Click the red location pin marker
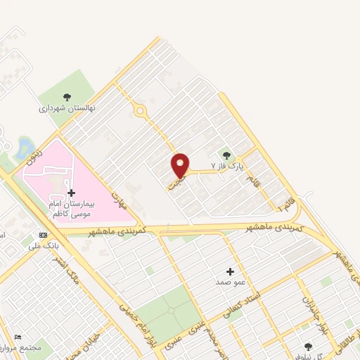[x=181, y=165]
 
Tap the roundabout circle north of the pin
[x=140, y=110]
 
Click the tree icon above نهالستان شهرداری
[x=67, y=98]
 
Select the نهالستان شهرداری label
[x=62, y=109]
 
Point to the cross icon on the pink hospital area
[x=71, y=193]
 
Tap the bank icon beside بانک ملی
[x=44, y=235]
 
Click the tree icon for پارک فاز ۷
[x=226, y=155]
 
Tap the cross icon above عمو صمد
[x=230, y=271]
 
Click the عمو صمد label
[x=231, y=282]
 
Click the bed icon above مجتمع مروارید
[x=18, y=338]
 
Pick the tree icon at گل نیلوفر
[x=308, y=347]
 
